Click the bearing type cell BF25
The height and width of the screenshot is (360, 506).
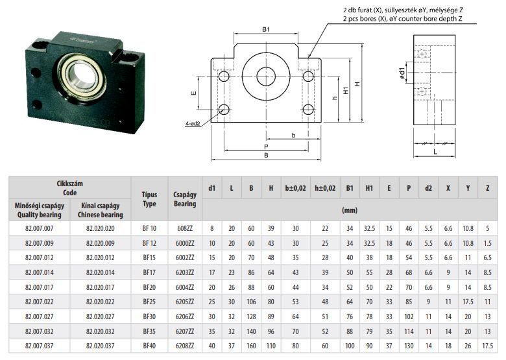tap(149, 302)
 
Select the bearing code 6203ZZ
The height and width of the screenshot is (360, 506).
tap(185, 272)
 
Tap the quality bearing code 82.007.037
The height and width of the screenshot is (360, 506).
tap(40, 346)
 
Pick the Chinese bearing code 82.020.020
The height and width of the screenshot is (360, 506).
tap(101, 229)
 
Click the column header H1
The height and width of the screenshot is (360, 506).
tap(369, 188)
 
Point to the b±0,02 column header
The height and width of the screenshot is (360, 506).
tap(296, 188)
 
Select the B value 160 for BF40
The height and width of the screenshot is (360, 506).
tap(251, 346)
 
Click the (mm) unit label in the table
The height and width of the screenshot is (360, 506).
tap(350, 210)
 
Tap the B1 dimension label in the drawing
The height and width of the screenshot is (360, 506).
tap(265, 29)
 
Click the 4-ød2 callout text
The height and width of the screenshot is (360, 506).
tap(193, 123)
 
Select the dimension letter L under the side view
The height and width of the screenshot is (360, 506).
tap(435, 152)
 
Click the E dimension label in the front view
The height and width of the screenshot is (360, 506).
tap(193, 93)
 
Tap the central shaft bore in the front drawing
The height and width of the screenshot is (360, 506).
tap(266, 77)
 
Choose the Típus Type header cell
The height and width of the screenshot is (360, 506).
tap(149, 199)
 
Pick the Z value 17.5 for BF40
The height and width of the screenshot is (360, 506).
tap(488, 346)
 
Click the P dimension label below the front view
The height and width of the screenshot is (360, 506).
tap(266, 147)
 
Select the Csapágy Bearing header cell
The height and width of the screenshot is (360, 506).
tap(185, 199)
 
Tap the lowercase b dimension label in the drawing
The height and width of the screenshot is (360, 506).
tap(293, 136)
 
